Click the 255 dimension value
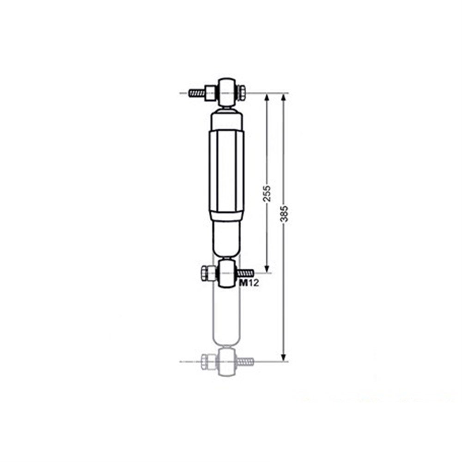[267, 194]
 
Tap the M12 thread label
[249, 283]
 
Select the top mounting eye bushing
[226, 92]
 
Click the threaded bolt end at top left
[197, 93]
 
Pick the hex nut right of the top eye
[241, 93]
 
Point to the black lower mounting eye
[226, 273]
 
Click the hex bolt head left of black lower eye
[208, 273]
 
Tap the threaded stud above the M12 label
[245, 273]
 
